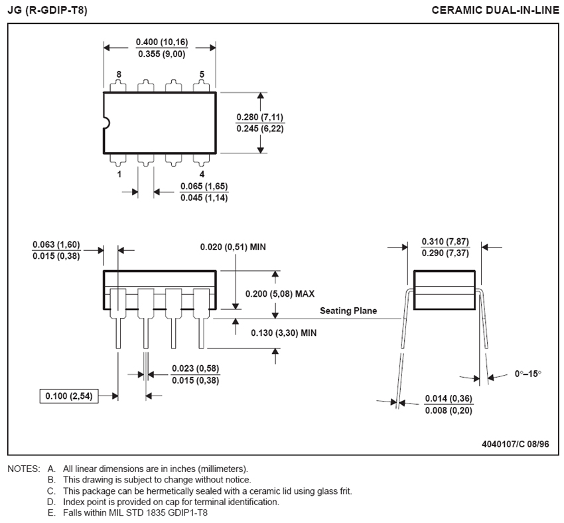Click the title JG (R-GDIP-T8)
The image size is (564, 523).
tap(47, 10)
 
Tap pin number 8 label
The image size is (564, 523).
tap(119, 74)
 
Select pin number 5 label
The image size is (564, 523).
tap(202, 74)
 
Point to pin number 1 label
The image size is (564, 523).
tap(119, 174)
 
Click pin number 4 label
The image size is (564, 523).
tap(202, 174)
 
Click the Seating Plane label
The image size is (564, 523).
tap(348, 311)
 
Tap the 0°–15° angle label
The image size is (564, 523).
tap(528, 374)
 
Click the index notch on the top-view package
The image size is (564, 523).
tap(106, 123)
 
